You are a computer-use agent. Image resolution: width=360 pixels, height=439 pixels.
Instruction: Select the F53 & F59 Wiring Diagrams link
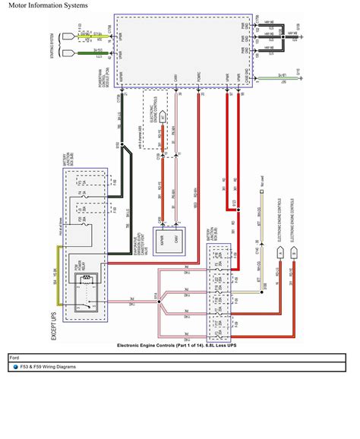tap(54, 366)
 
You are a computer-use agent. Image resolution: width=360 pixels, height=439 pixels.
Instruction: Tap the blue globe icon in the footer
tap(14, 366)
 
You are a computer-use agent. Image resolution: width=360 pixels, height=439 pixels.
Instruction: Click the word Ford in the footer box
tap(14, 356)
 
